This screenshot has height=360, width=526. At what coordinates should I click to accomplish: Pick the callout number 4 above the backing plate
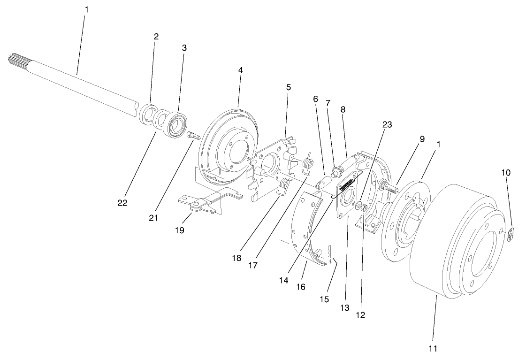(x=241, y=70)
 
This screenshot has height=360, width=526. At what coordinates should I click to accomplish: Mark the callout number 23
(x=387, y=124)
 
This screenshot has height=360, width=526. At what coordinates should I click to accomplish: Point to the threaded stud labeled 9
(x=389, y=186)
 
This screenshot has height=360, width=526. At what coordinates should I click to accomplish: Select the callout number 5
(x=288, y=87)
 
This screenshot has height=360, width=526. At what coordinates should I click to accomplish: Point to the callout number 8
(x=343, y=109)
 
